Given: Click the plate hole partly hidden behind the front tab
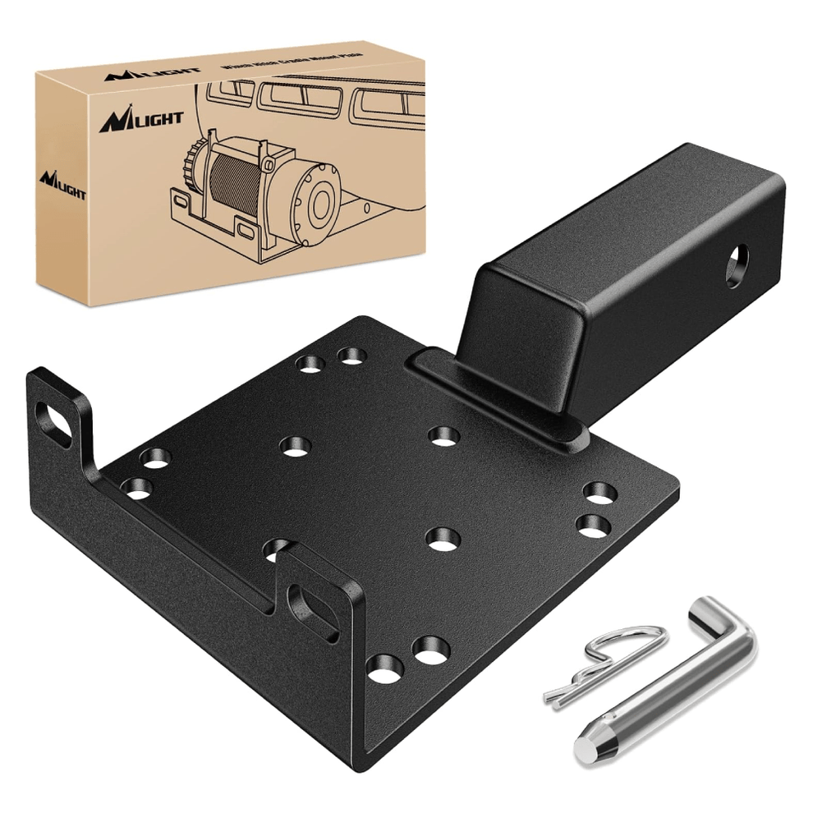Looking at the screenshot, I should [277, 549].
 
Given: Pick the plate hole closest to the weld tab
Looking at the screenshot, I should [443, 436].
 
